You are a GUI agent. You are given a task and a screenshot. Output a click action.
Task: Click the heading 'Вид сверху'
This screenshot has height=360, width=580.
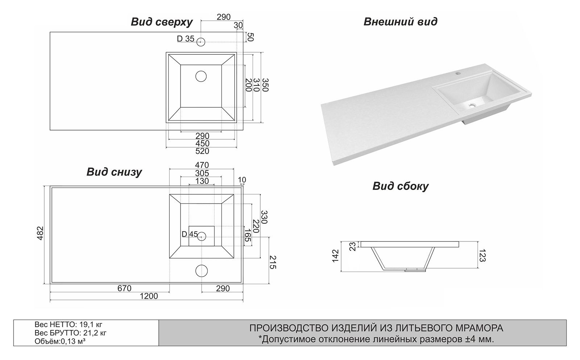[162, 22]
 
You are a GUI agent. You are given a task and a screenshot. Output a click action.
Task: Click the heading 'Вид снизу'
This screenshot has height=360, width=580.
[114, 172]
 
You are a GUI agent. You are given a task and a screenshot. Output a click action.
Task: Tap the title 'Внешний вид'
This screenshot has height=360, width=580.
[400, 22]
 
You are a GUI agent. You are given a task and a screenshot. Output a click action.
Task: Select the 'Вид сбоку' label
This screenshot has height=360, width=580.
[400, 186]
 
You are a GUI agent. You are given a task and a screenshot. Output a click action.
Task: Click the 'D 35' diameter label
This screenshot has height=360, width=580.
[186, 39]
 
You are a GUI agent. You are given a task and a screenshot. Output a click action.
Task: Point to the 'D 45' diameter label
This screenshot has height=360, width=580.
[190, 234]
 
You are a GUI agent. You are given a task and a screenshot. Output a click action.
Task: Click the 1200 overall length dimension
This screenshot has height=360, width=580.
[149, 296]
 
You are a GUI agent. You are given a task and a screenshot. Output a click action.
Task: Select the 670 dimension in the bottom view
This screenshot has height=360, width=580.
[124, 289]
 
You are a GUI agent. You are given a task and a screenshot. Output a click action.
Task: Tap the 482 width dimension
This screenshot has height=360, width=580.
[40, 233]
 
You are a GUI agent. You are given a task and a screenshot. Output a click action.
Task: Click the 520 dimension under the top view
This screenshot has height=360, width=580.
[202, 151]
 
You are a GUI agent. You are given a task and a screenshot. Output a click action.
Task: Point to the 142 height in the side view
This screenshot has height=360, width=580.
[335, 256]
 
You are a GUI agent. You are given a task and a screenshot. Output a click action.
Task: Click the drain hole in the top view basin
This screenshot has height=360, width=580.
[201, 76]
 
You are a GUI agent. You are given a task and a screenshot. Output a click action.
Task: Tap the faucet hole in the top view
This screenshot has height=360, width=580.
[201, 42]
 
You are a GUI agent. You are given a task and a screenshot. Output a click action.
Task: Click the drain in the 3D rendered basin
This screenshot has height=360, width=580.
[471, 105]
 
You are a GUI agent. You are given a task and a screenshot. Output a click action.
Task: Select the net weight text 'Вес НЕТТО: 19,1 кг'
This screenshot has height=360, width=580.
[66, 324]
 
